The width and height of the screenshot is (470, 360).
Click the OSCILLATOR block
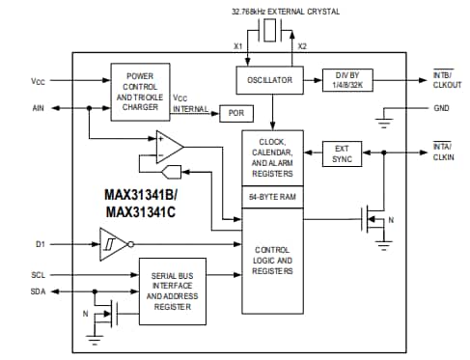270,80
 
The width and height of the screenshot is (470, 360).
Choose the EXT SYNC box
343,153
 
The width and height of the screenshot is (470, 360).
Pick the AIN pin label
38,109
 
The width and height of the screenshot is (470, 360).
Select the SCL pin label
38,275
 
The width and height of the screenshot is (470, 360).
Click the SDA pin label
38,291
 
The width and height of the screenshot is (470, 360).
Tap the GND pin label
442,108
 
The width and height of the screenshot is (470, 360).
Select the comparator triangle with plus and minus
172,148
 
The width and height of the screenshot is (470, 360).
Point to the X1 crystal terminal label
238,45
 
